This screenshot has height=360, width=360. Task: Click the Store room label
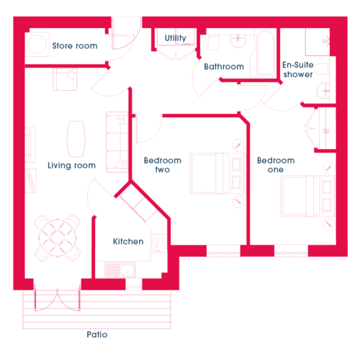click(75, 45)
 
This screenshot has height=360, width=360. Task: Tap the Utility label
click(176, 38)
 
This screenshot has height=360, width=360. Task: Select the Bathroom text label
click(224, 66)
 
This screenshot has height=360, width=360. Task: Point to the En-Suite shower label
click(298, 69)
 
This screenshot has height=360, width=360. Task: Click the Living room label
click(71, 165)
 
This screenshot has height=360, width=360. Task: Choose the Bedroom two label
click(163, 165)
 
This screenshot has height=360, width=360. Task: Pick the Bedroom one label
click(276, 165)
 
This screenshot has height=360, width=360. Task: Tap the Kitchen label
click(128, 241)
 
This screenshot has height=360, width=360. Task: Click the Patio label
click(97, 334)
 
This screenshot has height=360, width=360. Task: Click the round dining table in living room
click(58, 238)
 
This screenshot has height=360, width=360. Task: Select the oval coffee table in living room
click(76, 139)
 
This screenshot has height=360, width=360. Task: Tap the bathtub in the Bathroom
click(266, 53)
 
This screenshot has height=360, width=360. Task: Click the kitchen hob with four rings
click(159, 243)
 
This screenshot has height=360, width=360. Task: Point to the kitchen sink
click(120, 270)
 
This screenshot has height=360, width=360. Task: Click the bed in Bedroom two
click(217, 174)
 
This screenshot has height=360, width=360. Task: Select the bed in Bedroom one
click(307, 197)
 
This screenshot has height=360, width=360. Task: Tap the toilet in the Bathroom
click(213, 42)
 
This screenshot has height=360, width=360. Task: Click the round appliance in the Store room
click(37, 44)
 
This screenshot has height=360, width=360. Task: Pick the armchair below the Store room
click(65, 79)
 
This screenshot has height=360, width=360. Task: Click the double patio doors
click(57, 300)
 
